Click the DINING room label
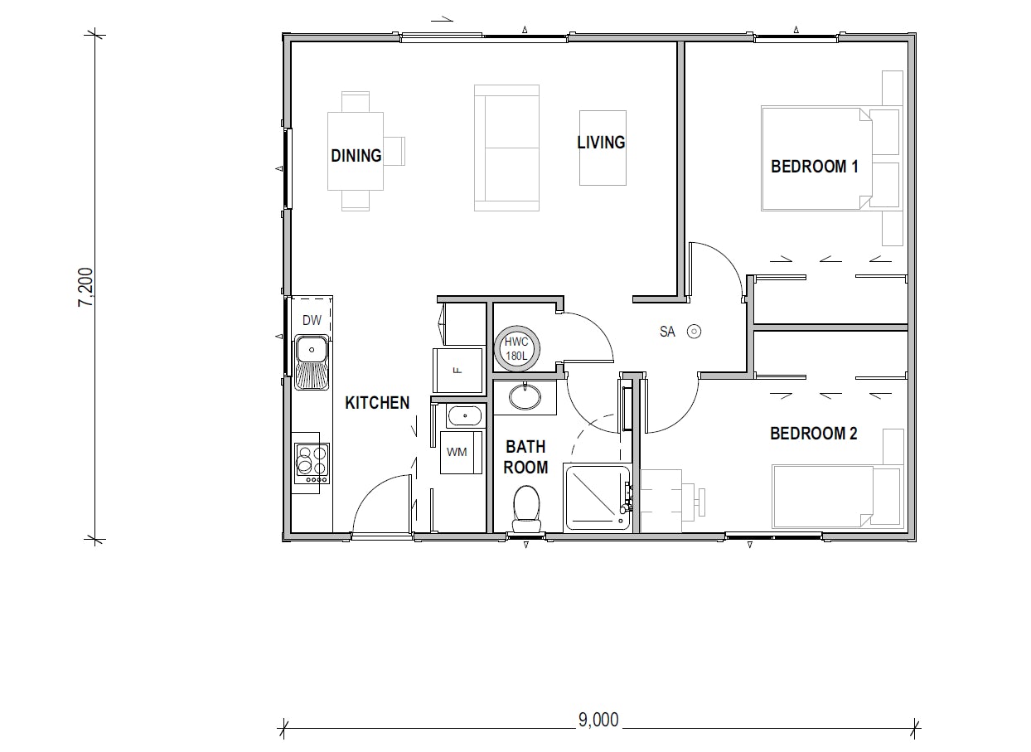356,156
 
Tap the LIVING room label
601,143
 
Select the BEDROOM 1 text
814,167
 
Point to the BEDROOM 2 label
813,434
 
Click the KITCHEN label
377,403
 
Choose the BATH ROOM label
526,457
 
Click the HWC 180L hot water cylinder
516,347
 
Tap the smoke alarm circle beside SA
695,332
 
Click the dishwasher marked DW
312,321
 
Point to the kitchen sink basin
312,349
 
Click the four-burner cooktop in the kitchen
312,463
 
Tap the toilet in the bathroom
526,507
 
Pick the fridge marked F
457,370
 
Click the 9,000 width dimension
598,720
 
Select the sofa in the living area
506,148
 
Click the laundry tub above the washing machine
466,415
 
